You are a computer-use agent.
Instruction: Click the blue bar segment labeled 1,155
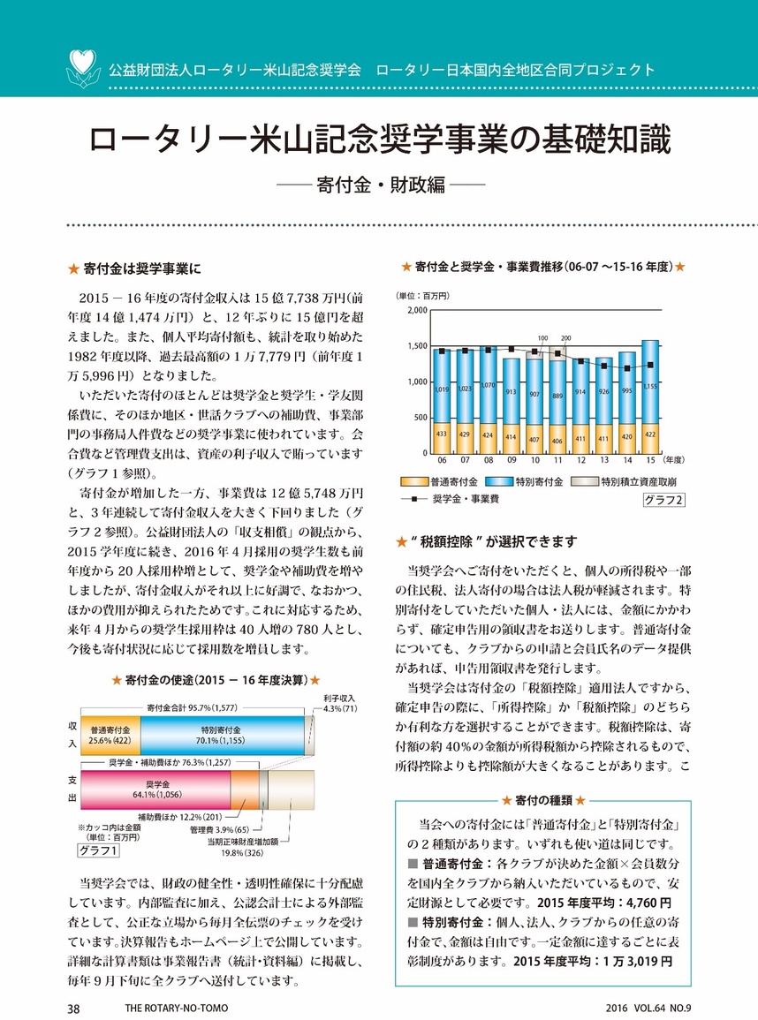point(649,387)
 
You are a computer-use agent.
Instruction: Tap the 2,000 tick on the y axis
point(415,311)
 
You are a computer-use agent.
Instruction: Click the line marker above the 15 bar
point(649,365)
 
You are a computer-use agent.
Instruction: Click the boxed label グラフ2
point(663,501)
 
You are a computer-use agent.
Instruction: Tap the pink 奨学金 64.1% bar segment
point(156,789)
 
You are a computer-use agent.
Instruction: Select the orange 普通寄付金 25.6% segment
point(110,735)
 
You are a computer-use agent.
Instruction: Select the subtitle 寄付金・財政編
point(378,188)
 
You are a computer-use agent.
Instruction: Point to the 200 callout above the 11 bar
point(565,338)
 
